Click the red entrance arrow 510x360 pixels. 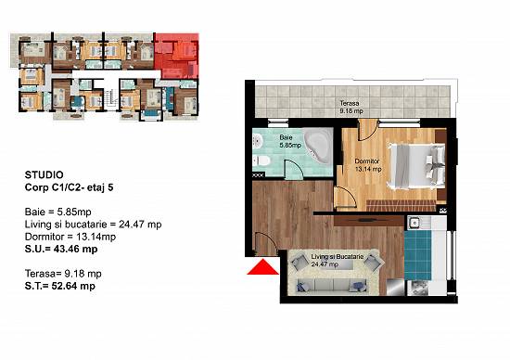(262, 267)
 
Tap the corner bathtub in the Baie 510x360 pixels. (317, 146)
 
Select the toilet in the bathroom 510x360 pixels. (261, 161)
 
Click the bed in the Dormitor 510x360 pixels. (417, 166)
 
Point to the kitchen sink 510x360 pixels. (414, 223)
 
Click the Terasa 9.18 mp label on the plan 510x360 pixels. (351, 107)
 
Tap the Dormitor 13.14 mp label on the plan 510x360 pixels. (367, 165)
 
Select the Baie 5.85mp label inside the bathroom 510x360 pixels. (290, 141)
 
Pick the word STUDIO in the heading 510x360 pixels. (45, 175)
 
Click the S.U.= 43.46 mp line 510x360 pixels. (61, 249)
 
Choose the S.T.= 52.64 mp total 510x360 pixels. (60, 286)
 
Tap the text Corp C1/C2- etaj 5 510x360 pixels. (69, 187)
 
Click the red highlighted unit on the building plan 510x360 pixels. (176, 56)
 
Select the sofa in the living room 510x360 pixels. (329, 286)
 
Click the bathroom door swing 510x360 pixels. (294, 169)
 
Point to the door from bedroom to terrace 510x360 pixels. (368, 130)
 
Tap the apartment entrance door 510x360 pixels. (265, 243)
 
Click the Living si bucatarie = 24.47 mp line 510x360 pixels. (93, 225)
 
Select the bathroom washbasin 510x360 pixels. (258, 141)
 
